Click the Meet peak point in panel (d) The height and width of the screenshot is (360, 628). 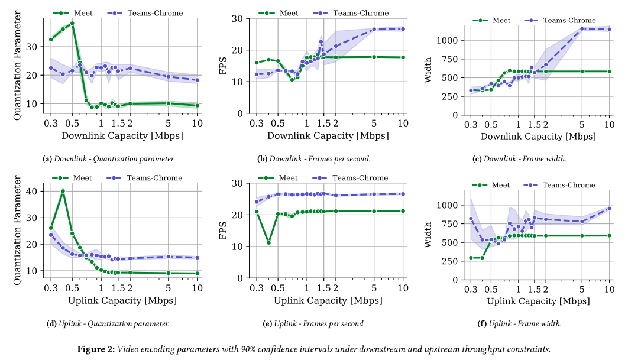[x=63, y=192]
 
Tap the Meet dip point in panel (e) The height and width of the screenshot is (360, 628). [x=268, y=242]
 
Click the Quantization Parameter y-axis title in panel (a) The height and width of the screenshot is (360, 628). [x=17, y=67]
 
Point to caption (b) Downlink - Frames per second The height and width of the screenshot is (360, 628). [x=313, y=159]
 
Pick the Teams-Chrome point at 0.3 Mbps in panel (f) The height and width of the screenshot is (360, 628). [x=471, y=219]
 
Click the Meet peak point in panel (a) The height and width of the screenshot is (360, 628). [x=72, y=24]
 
